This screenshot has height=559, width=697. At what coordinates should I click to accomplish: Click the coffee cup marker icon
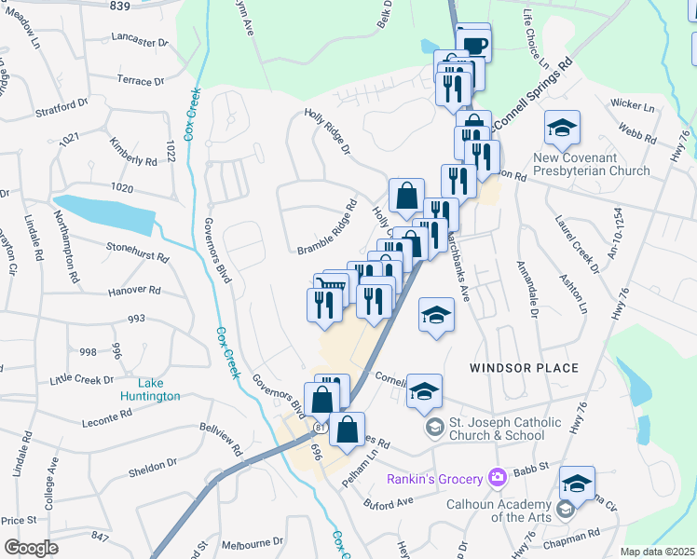[x=474, y=44]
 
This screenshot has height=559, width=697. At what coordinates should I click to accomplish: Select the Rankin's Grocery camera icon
[x=497, y=478]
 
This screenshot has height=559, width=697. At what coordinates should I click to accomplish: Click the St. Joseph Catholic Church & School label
[x=506, y=429]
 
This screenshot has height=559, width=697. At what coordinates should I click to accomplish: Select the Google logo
[x=30, y=548]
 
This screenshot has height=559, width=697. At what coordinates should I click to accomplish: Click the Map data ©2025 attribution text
[x=658, y=552]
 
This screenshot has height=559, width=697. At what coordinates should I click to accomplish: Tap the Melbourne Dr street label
[x=253, y=542]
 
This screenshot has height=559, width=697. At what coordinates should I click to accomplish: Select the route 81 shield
[x=320, y=428]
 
